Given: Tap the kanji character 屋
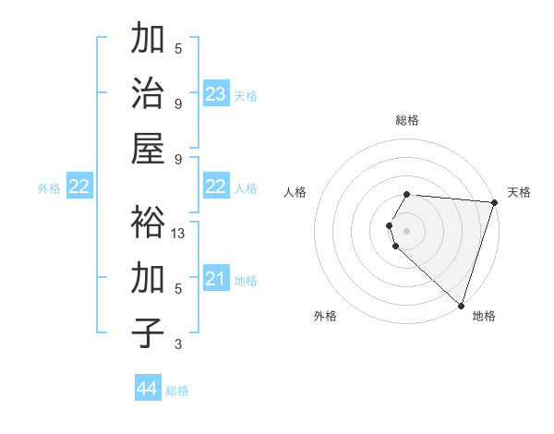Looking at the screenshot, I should [x=148, y=149].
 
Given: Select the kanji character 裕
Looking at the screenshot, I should [x=148, y=222].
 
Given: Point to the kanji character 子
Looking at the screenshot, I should [x=148, y=332].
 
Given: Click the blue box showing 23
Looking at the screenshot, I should [x=216, y=94].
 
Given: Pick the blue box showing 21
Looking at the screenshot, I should [x=216, y=279].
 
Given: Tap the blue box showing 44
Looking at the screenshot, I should [x=148, y=389].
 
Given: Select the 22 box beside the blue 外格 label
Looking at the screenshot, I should [x=78, y=187].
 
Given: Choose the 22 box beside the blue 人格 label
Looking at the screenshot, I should [x=216, y=187].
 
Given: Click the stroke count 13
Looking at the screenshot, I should [x=179, y=234].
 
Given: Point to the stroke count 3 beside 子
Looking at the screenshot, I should [x=178, y=344].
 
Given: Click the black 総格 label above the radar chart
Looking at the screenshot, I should [x=407, y=120].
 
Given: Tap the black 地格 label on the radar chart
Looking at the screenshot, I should [x=484, y=316].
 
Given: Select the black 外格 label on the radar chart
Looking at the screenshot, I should [x=325, y=316].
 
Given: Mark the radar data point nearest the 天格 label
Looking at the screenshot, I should [x=494, y=202].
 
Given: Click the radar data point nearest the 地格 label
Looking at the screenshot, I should [x=461, y=305].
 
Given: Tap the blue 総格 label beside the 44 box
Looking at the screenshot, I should [x=177, y=390].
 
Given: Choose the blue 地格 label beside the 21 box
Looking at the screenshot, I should [x=246, y=280].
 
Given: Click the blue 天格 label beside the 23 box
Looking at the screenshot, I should [x=246, y=95].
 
